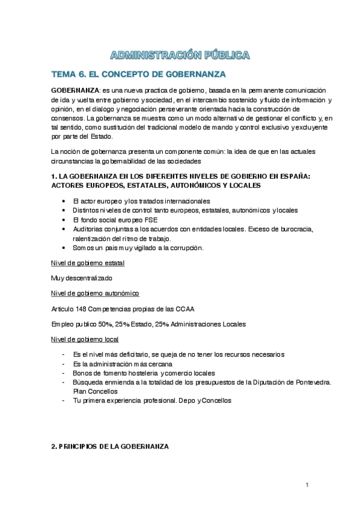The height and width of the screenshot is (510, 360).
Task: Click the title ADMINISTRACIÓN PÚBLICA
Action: pyautogui.click(x=180, y=55)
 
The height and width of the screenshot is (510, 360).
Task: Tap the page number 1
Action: pyautogui.click(x=307, y=485)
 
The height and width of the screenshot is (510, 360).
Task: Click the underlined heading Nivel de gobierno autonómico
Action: pyautogui.click(x=95, y=293)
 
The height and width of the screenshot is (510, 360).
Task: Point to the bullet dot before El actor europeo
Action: pyautogui.click(x=64, y=200)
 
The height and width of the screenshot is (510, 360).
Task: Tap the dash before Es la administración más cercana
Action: pyautogui.click(x=64, y=364)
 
